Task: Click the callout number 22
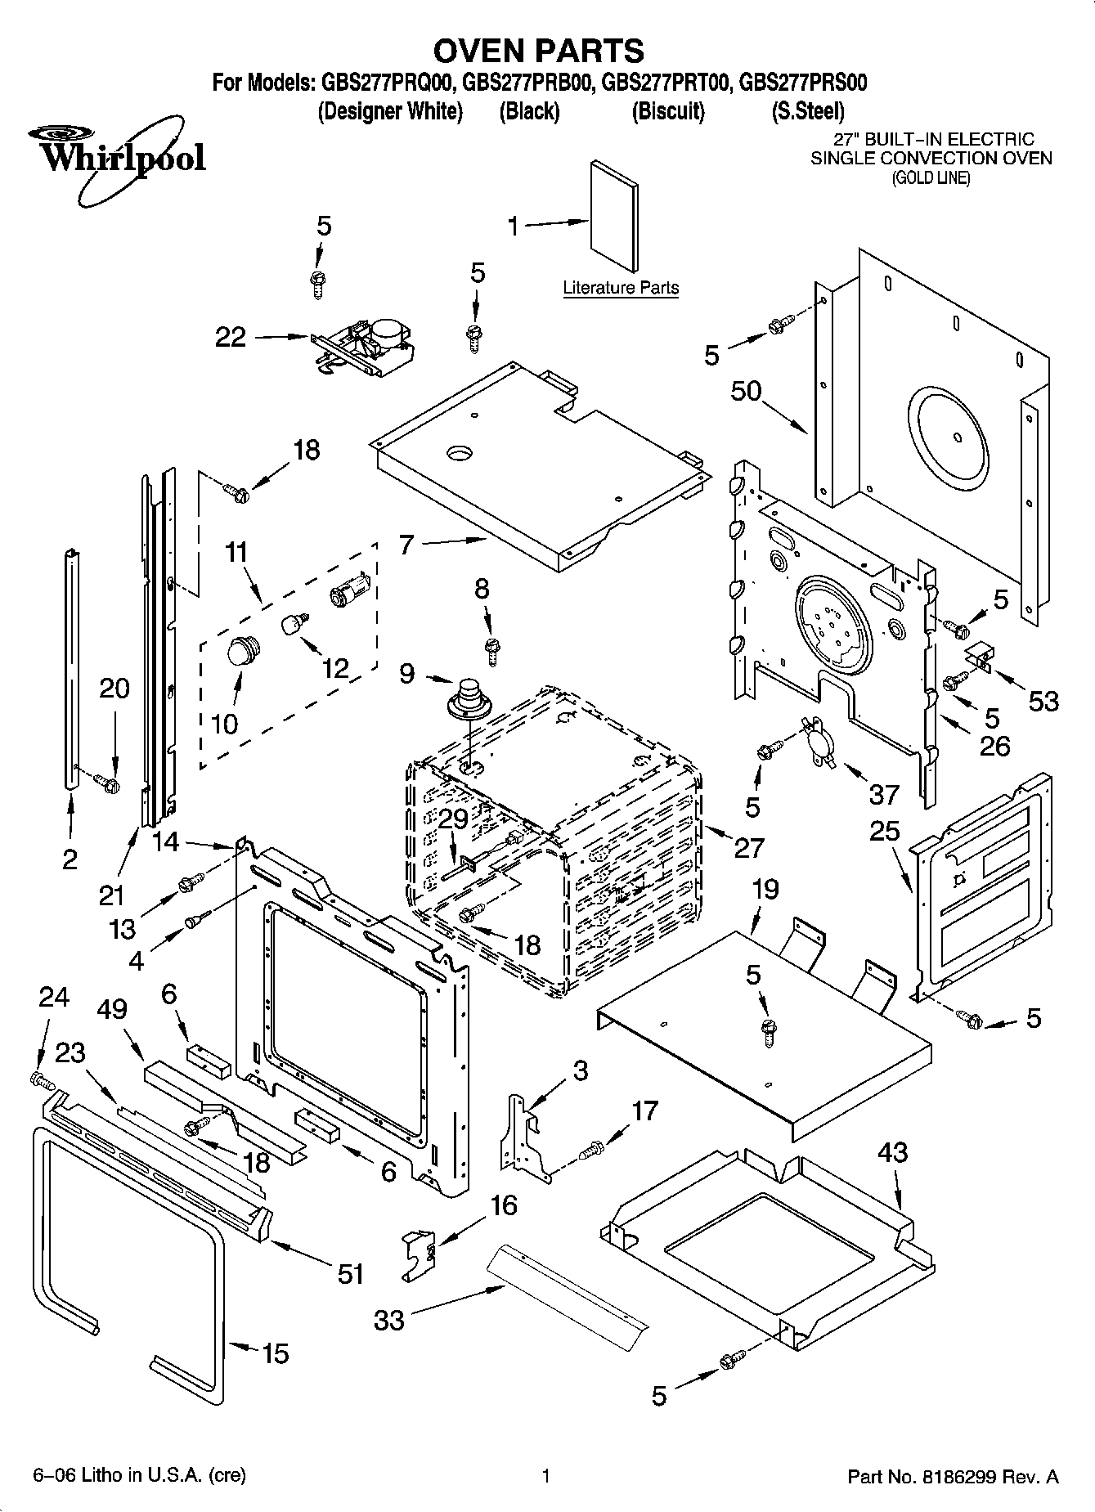(x=230, y=337)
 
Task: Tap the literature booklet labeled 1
(x=614, y=214)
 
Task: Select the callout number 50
(x=746, y=392)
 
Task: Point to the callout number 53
(x=1043, y=701)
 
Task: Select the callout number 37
(x=883, y=793)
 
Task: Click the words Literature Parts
(x=621, y=288)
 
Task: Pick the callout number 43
(x=892, y=1152)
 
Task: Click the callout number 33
(x=389, y=1319)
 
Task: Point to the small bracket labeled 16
(x=420, y=1253)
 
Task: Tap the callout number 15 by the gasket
(x=276, y=1353)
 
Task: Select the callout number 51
(x=351, y=1273)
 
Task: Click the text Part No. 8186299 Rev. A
(x=953, y=1477)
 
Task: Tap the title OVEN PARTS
(x=538, y=51)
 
